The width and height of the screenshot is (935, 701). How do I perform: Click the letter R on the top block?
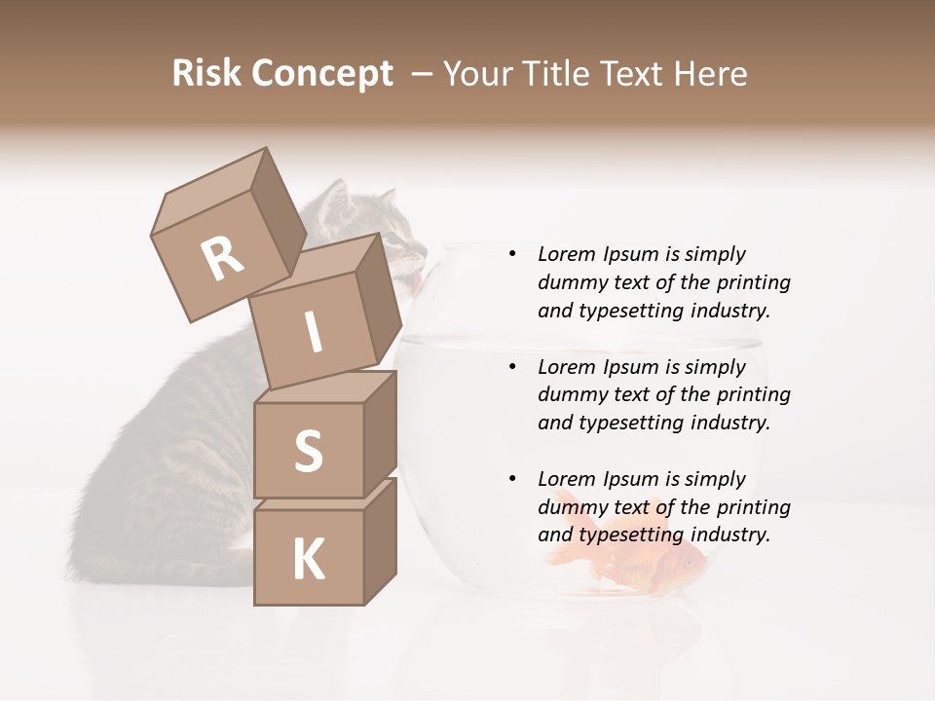(x=222, y=259)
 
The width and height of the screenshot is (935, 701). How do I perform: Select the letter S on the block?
(x=308, y=450)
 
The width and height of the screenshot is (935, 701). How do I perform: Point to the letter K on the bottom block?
(x=308, y=559)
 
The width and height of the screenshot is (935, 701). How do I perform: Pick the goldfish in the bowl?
(x=633, y=559)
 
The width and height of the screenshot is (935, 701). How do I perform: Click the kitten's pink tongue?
(x=415, y=281)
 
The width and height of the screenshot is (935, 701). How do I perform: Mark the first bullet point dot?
(x=512, y=254)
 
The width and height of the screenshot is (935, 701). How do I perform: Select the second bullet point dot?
(x=512, y=367)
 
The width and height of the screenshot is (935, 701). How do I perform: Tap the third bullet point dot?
(x=512, y=479)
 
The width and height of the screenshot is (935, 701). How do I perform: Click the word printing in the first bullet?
(x=753, y=282)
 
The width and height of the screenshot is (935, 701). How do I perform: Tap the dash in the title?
(x=422, y=73)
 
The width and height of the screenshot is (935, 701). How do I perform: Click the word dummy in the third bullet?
(x=572, y=506)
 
